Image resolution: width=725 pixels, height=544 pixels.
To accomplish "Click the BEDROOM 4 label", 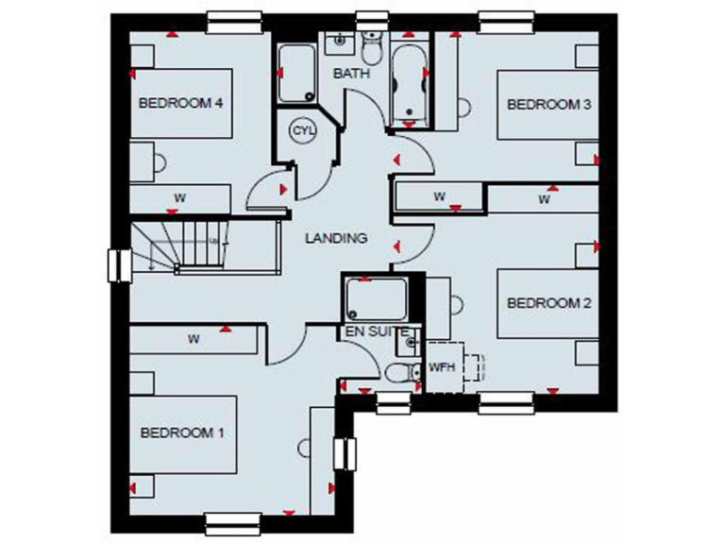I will click(x=180, y=103).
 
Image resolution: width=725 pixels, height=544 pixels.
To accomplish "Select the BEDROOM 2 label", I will click(x=548, y=303).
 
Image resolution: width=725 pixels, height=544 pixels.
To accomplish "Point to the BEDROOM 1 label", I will click(x=182, y=433).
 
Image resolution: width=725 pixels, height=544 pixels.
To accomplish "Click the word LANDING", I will click(x=335, y=239).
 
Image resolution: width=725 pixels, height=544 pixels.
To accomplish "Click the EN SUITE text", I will click(x=376, y=331).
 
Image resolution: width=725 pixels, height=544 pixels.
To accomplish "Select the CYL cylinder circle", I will click(x=302, y=130).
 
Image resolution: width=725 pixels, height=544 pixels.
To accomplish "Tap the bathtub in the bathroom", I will click(x=409, y=83).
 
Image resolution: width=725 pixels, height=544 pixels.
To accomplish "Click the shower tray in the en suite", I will click(x=376, y=298).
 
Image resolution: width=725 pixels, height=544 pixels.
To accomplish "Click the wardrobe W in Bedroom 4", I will click(x=178, y=198).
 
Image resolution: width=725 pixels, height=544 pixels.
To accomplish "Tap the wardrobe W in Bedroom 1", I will click(x=194, y=338).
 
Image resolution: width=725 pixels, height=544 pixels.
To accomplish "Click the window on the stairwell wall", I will click(x=120, y=264).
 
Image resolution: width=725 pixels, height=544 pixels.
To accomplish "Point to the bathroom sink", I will click(x=337, y=42).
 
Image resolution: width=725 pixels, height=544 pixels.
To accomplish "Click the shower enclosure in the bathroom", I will click(x=297, y=74).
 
